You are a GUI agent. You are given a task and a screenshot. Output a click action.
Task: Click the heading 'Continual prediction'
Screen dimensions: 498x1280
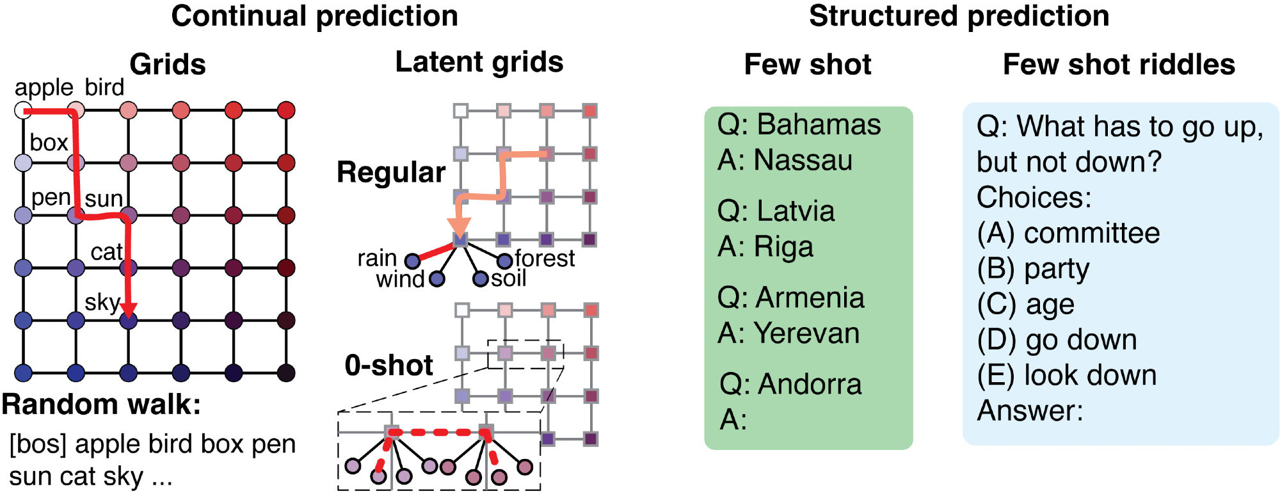click(x=314, y=16)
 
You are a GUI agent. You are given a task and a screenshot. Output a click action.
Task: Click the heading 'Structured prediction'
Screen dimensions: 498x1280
click(x=959, y=16)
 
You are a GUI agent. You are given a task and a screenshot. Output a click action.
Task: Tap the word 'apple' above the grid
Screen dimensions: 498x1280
click(x=44, y=88)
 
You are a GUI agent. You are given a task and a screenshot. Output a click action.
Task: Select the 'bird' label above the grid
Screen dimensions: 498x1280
click(x=104, y=88)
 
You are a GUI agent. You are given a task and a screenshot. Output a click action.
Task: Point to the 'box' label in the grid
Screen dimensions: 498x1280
click(x=49, y=142)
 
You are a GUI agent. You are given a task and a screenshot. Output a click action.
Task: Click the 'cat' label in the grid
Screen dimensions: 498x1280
click(x=106, y=252)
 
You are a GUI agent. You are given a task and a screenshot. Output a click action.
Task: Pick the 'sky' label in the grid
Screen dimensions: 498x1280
click(x=102, y=301)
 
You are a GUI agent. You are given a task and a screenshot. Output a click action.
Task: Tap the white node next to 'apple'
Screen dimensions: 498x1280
click(x=23, y=110)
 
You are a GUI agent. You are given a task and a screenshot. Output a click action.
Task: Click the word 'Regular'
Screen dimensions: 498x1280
click(x=391, y=172)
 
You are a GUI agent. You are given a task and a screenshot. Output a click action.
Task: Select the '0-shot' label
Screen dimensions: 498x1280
click(x=388, y=365)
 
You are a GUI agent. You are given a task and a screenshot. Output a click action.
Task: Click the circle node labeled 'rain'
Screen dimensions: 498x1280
click(x=413, y=261)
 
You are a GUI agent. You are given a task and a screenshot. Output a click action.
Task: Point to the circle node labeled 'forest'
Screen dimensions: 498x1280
click(x=505, y=260)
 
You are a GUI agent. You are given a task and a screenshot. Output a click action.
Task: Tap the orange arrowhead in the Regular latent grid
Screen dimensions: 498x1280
click(x=459, y=227)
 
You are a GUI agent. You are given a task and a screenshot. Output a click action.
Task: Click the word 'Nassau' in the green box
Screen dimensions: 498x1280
click(x=803, y=160)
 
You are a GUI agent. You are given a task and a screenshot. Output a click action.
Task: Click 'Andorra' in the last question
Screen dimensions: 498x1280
click(x=810, y=384)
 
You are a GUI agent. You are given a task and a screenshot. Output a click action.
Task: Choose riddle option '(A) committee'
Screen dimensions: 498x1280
click(x=1068, y=234)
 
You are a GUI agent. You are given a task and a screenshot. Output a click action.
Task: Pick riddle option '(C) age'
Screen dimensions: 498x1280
click(x=1025, y=305)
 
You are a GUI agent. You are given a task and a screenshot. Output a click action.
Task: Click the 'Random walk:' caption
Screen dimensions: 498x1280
click(x=101, y=405)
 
